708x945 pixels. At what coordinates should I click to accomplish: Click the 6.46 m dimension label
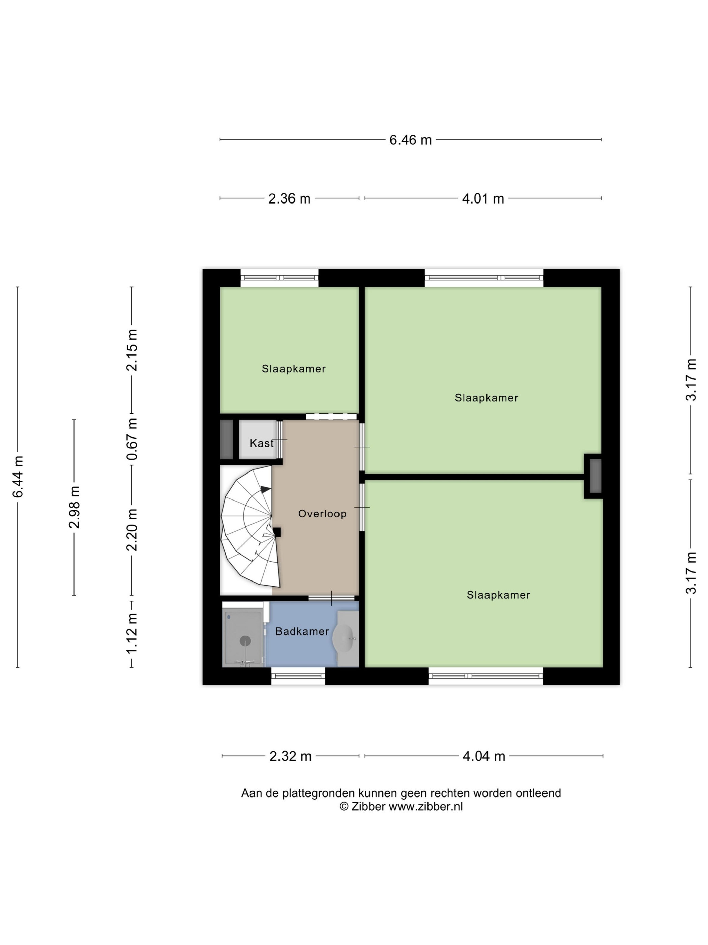coord(410,140)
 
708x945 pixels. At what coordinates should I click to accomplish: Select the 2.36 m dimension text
coord(289,199)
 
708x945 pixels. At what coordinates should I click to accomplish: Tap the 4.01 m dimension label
coord(483,199)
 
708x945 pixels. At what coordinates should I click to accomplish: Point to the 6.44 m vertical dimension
coord(18,477)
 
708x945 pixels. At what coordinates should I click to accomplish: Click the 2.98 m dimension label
coord(74,507)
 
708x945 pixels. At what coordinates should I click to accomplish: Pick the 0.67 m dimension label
coord(132,439)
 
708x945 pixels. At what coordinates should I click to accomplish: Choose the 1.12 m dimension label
coord(132,633)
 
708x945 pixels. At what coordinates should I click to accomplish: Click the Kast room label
coord(262,443)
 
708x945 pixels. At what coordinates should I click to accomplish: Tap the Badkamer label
coord(302,631)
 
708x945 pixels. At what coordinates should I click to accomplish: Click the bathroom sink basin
coord(343,638)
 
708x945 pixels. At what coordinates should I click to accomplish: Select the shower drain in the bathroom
coord(245,640)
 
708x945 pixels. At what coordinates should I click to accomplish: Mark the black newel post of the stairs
coord(276,532)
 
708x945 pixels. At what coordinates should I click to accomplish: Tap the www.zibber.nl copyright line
coord(401,807)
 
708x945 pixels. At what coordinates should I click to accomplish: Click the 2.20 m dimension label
coord(132,530)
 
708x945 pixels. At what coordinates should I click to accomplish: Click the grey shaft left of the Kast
coord(227,440)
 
